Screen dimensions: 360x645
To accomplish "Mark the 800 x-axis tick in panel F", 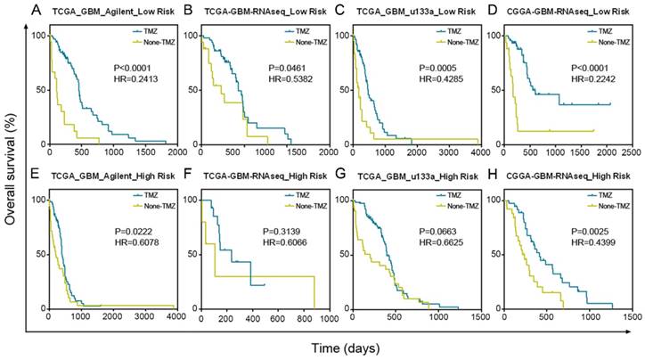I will [310, 318].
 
